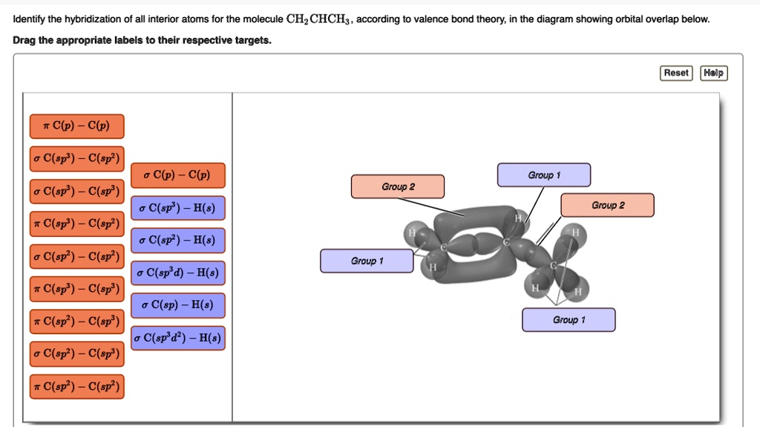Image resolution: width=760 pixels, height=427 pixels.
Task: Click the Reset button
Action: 675,73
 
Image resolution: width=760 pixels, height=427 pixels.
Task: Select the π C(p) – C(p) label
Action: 76,126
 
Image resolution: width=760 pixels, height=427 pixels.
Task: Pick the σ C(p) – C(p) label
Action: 177,175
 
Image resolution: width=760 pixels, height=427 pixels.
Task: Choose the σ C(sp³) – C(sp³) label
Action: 76,192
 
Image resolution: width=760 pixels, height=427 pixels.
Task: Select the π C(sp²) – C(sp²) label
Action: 76,387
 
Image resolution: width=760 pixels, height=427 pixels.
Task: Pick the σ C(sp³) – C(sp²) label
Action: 76,159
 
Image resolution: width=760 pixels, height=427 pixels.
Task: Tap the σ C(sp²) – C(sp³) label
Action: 76,354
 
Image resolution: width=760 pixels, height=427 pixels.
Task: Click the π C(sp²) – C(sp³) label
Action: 76,322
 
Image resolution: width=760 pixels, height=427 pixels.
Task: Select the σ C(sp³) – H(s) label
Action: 177,208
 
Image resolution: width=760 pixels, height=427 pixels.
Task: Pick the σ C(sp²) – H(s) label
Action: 177,241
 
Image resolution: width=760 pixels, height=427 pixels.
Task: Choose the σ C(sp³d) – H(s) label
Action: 177,273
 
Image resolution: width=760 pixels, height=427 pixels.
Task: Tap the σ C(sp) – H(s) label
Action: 177,305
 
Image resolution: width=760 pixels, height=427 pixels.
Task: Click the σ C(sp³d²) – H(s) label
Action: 177,338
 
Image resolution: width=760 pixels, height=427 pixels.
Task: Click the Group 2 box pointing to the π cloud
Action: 398,186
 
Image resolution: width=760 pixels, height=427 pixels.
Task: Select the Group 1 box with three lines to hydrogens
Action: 569,320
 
